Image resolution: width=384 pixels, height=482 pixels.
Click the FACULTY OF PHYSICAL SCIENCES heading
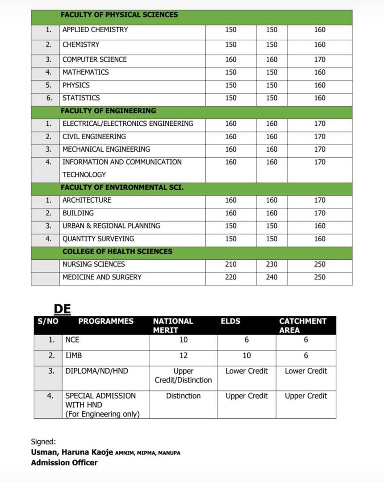click(x=119, y=15)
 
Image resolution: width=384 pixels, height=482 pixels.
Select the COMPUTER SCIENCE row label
click(x=95, y=59)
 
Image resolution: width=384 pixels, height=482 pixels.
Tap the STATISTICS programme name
click(x=81, y=98)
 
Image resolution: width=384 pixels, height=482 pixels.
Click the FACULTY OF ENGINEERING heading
click(x=109, y=111)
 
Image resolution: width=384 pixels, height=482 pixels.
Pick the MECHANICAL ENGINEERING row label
click(x=106, y=149)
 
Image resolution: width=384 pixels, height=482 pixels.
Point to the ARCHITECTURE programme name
click(x=87, y=200)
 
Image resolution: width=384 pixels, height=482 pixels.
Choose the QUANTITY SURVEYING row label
click(x=98, y=239)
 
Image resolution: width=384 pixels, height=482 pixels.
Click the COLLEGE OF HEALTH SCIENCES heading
click(x=117, y=251)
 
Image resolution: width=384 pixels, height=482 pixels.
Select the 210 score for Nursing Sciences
click(x=231, y=264)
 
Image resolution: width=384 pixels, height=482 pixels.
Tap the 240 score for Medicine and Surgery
click(x=271, y=277)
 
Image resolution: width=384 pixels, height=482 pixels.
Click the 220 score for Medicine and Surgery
click(x=231, y=277)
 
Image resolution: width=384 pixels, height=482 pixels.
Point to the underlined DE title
click(x=63, y=309)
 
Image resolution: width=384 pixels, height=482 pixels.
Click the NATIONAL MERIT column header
click(x=173, y=325)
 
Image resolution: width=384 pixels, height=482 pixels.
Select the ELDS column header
click(x=230, y=321)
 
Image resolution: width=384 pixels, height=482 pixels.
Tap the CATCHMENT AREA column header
click(x=303, y=325)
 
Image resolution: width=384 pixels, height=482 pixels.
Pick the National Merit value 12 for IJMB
click(x=184, y=356)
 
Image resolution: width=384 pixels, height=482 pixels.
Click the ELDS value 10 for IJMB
click(x=247, y=356)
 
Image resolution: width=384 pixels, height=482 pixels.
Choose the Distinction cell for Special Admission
click(x=184, y=396)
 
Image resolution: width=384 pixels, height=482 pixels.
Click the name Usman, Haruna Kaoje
click(x=72, y=452)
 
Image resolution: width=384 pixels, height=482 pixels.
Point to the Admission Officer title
click(x=64, y=462)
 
